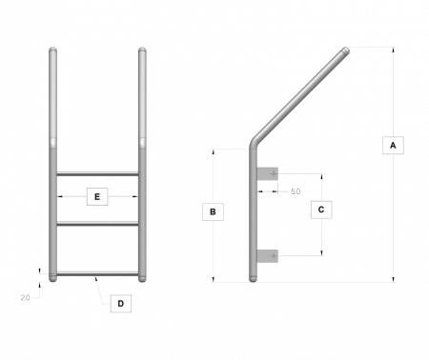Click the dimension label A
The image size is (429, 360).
389,145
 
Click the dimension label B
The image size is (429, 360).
214,211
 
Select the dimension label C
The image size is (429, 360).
321,207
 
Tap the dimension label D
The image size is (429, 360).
120,304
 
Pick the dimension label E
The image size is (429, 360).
94,197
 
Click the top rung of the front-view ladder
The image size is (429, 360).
99,173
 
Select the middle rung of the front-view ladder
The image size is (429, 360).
99,223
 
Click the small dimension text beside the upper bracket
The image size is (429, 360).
295,192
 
